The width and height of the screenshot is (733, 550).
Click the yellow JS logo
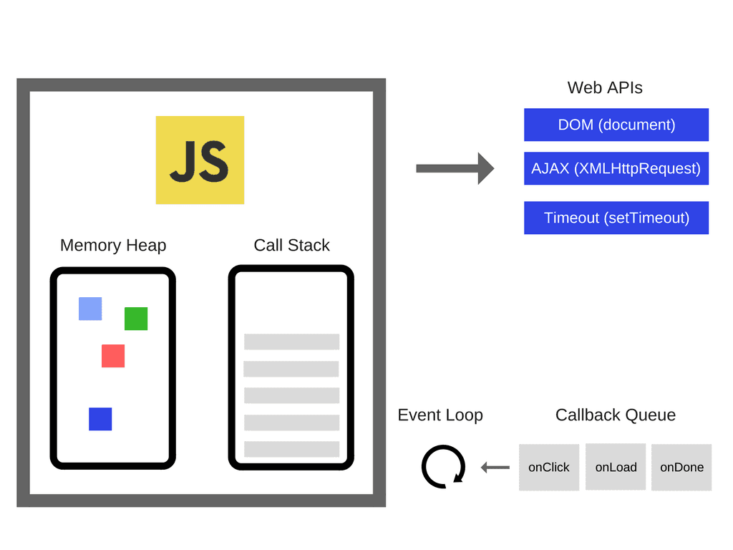[200, 160]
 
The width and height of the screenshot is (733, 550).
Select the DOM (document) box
[616, 125]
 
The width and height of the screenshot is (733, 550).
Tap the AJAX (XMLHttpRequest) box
[616, 168]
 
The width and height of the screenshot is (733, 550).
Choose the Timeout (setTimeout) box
[616, 218]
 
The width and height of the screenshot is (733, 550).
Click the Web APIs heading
[605, 88]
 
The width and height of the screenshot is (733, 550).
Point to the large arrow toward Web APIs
[455, 168]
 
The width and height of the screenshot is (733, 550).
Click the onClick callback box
[549, 468]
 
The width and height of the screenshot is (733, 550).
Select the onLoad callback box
[616, 467]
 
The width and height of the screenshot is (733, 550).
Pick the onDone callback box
[681, 468]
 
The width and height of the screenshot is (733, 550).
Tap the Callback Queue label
[615, 415]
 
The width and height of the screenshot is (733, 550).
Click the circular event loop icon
[443, 467]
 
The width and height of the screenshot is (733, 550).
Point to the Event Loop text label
[440, 415]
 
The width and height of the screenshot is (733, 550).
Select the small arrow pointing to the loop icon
[495, 468]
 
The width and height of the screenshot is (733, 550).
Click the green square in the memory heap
[136, 319]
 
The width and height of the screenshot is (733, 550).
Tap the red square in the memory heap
[113, 356]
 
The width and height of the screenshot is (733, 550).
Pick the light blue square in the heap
[90, 309]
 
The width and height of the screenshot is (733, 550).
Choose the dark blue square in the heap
[100, 419]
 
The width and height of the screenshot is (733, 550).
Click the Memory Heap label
[113, 246]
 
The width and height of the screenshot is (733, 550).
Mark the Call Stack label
[291, 246]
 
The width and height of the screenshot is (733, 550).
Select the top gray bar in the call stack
[291, 342]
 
